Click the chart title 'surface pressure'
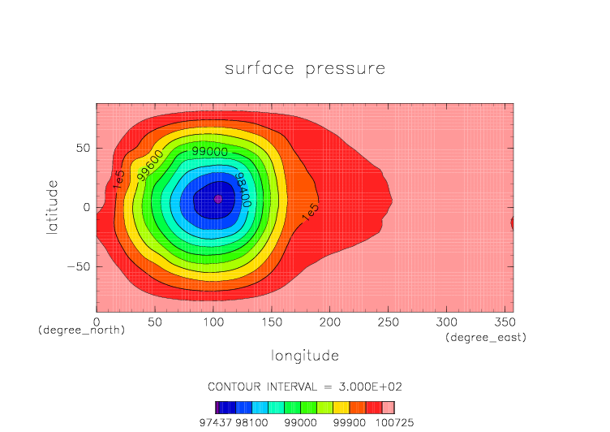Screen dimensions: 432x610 pos(304,69)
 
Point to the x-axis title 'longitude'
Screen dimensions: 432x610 pos(304,356)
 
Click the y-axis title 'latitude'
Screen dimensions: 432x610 pos(52,207)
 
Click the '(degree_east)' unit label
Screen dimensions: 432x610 pos(486,337)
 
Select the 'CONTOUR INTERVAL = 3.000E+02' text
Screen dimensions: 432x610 pos(304,386)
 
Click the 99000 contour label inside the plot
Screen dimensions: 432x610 pos(209,152)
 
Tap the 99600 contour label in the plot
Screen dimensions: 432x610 pos(150,165)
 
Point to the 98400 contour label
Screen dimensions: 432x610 pos(242,188)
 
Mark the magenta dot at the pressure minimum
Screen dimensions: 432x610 pos(217,199)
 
